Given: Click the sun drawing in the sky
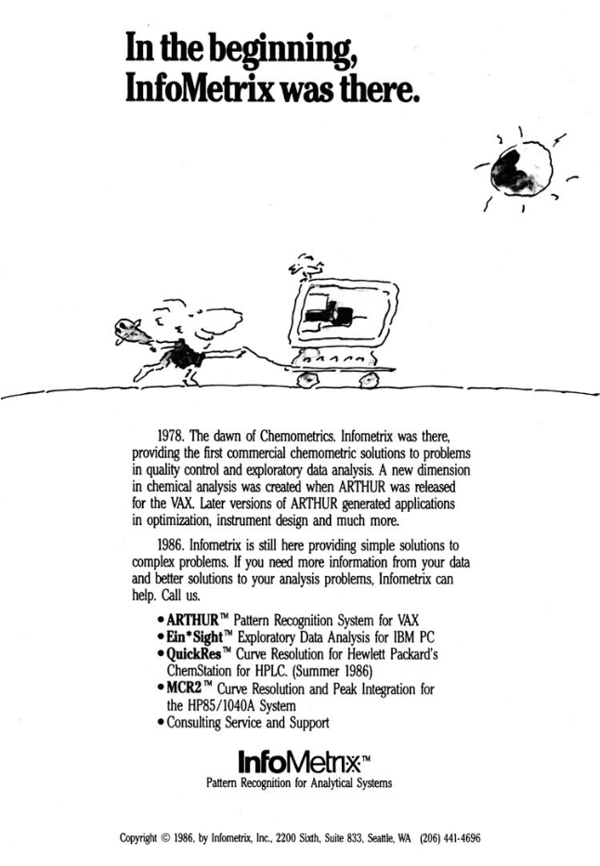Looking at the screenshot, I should (x=522, y=169).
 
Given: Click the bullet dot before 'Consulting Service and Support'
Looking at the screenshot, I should (x=162, y=722).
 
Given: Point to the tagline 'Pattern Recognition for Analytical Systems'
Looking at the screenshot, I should (x=298, y=782).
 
